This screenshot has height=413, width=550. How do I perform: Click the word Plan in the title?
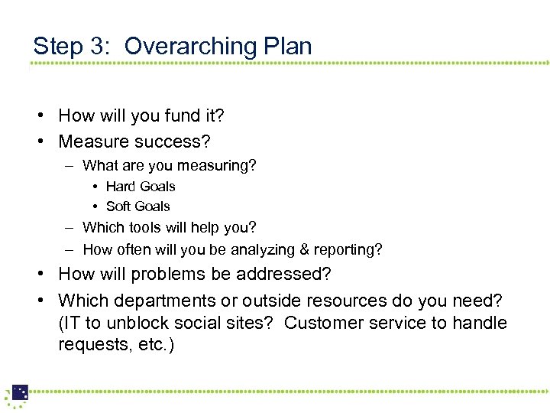click(287, 47)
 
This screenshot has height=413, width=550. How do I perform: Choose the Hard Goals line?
click(141, 187)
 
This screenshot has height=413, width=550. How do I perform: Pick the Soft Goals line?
click(138, 206)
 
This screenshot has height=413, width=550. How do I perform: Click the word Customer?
click(319, 324)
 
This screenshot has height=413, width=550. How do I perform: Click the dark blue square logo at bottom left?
click(20, 392)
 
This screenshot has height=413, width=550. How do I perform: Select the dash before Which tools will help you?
click(69, 227)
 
